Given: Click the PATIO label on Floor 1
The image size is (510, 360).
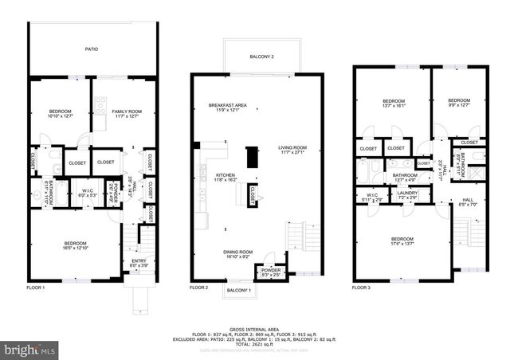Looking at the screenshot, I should click(92, 49).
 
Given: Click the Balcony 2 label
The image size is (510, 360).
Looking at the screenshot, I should click(262, 57).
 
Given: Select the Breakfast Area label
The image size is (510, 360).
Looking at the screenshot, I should click(227, 108).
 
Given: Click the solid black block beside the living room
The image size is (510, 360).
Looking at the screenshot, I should click(253, 157).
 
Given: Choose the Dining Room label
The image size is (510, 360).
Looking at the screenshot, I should click(238, 256).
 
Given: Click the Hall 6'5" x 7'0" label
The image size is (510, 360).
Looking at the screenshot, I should click(468, 202).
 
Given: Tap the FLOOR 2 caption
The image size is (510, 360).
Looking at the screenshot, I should click(199, 287).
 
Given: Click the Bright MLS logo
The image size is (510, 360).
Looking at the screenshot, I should click(29, 349).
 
